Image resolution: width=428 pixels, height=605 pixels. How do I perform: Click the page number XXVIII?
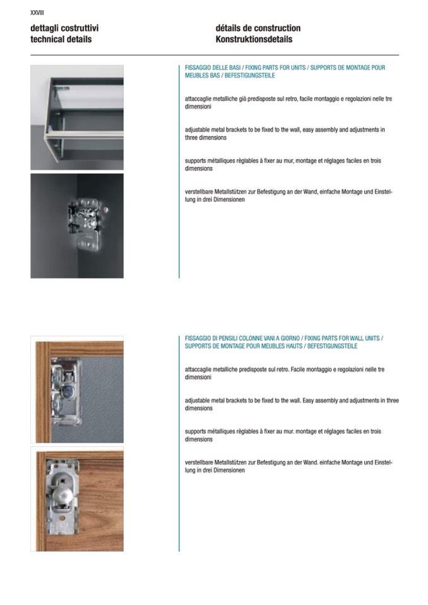point(37,13)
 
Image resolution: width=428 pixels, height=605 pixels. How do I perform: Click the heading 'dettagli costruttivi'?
point(64,28)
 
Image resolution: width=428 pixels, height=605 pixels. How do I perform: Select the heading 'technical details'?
point(61,39)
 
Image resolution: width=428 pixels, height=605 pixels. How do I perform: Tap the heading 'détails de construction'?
point(258,28)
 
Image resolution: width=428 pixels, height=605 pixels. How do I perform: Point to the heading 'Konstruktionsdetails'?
point(254,39)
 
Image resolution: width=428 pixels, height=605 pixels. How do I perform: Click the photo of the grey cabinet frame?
point(77,117)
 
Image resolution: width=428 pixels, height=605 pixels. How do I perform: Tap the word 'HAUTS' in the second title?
point(290,346)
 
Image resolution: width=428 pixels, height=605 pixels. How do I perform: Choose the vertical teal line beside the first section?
point(179,170)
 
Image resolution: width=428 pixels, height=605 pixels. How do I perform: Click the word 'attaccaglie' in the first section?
point(200,99)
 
